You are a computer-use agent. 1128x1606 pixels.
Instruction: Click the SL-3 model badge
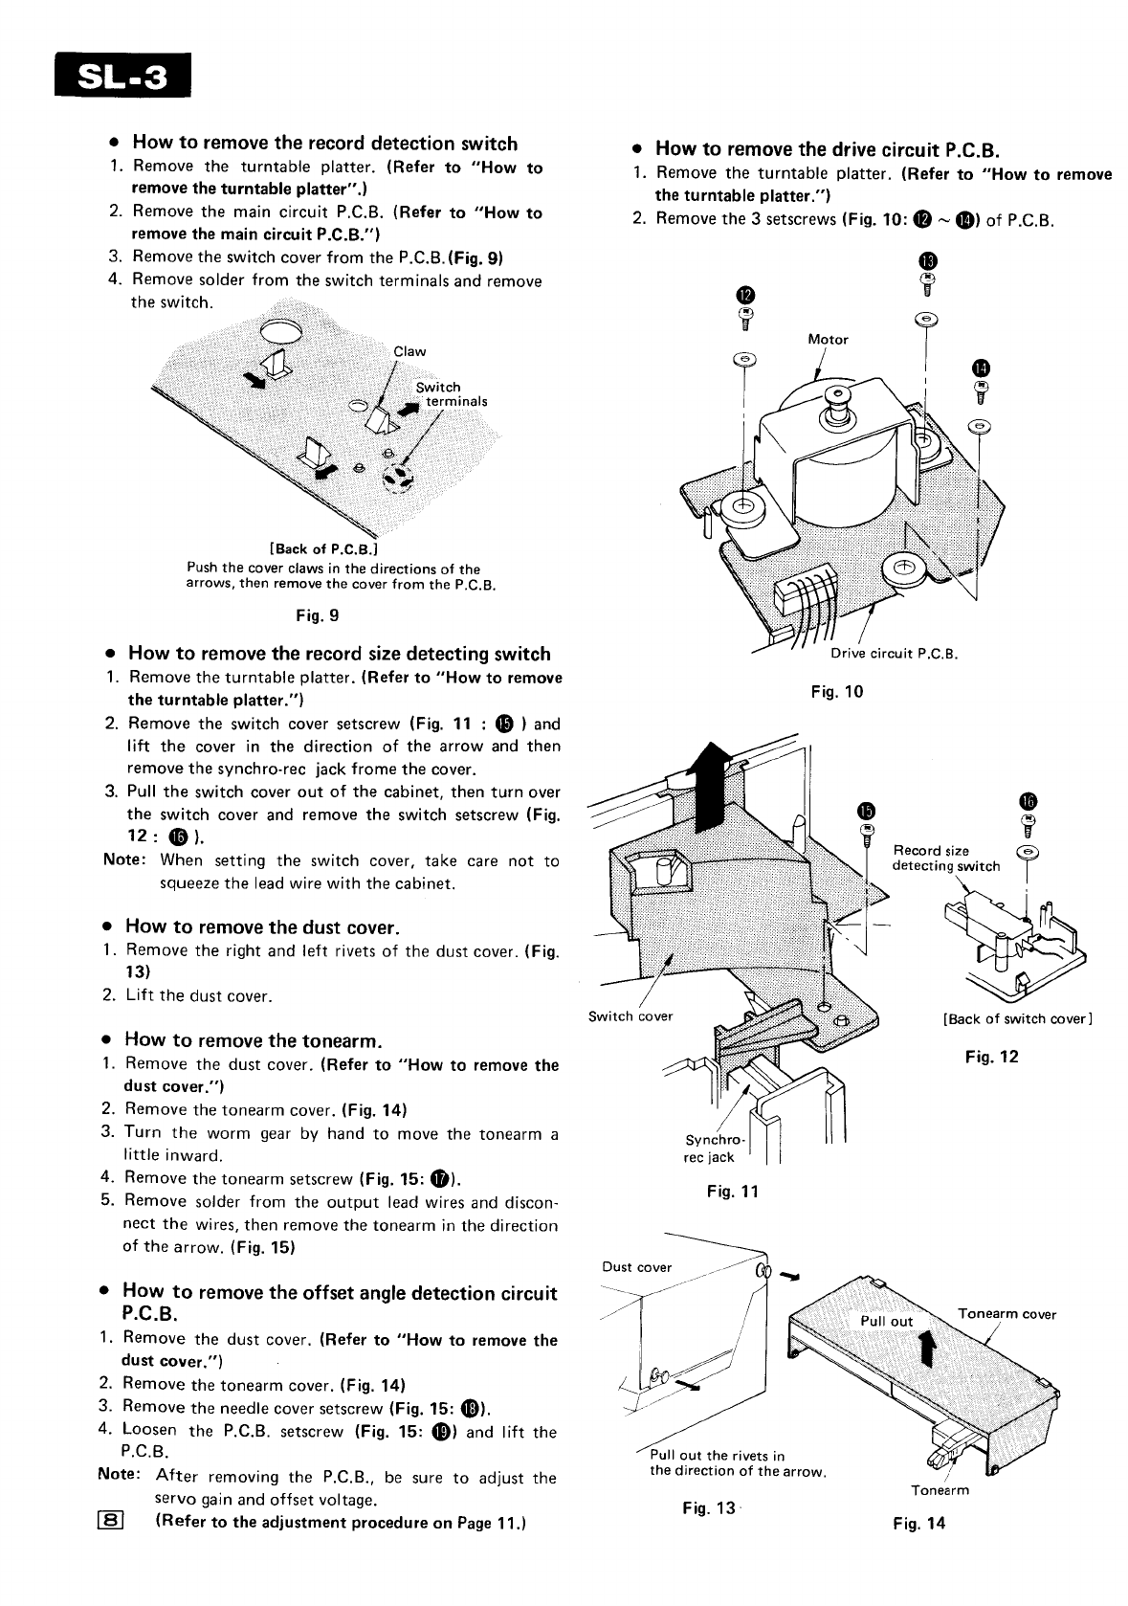pyautogui.click(x=122, y=75)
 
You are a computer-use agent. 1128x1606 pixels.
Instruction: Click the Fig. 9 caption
pyautogui.click(x=318, y=615)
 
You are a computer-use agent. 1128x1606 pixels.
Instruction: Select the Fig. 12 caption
pyautogui.click(x=992, y=1057)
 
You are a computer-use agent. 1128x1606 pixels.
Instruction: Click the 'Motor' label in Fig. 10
pyautogui.click(x=828, y=339)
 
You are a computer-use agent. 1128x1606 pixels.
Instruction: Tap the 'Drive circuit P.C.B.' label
pyautogui.click(x=894, y=655)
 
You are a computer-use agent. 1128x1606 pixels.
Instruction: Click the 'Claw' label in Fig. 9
pyautogui.click(x=409, y=351)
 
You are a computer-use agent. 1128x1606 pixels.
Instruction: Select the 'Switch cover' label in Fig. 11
pyautogui.click(x=630, y=1015)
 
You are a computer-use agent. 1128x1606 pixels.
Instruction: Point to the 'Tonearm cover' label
pyautogui.click(x=1006, y=1314)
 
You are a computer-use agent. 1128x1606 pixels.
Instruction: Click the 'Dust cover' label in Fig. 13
pyautogui.click(x=637, y=1267)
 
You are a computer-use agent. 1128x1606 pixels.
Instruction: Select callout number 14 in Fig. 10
pyautogui.click(x=981, y=368)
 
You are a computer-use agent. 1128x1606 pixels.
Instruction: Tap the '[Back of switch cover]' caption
pyautogui.click(x=1017, y=1018)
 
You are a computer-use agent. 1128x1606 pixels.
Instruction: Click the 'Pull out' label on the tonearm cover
pyautogui.click(x=887, y=1321)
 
